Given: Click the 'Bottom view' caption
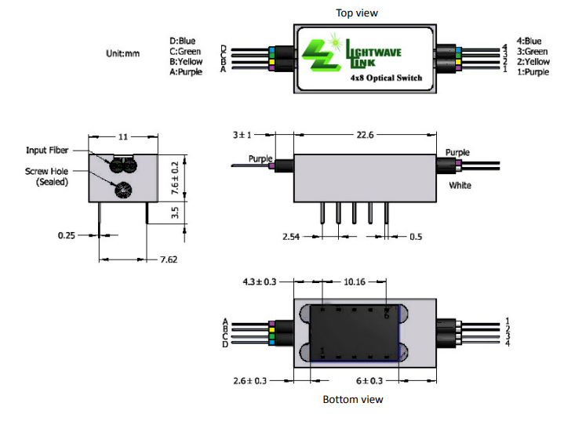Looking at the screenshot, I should pos(353,399).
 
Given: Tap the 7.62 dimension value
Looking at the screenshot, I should pos(169,259).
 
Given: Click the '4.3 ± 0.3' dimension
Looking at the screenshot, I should pos(258,280).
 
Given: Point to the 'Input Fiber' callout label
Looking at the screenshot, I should pos(49,150).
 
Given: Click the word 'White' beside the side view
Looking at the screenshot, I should pos(460,186).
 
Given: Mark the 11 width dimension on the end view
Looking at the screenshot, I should pos(122,136).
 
